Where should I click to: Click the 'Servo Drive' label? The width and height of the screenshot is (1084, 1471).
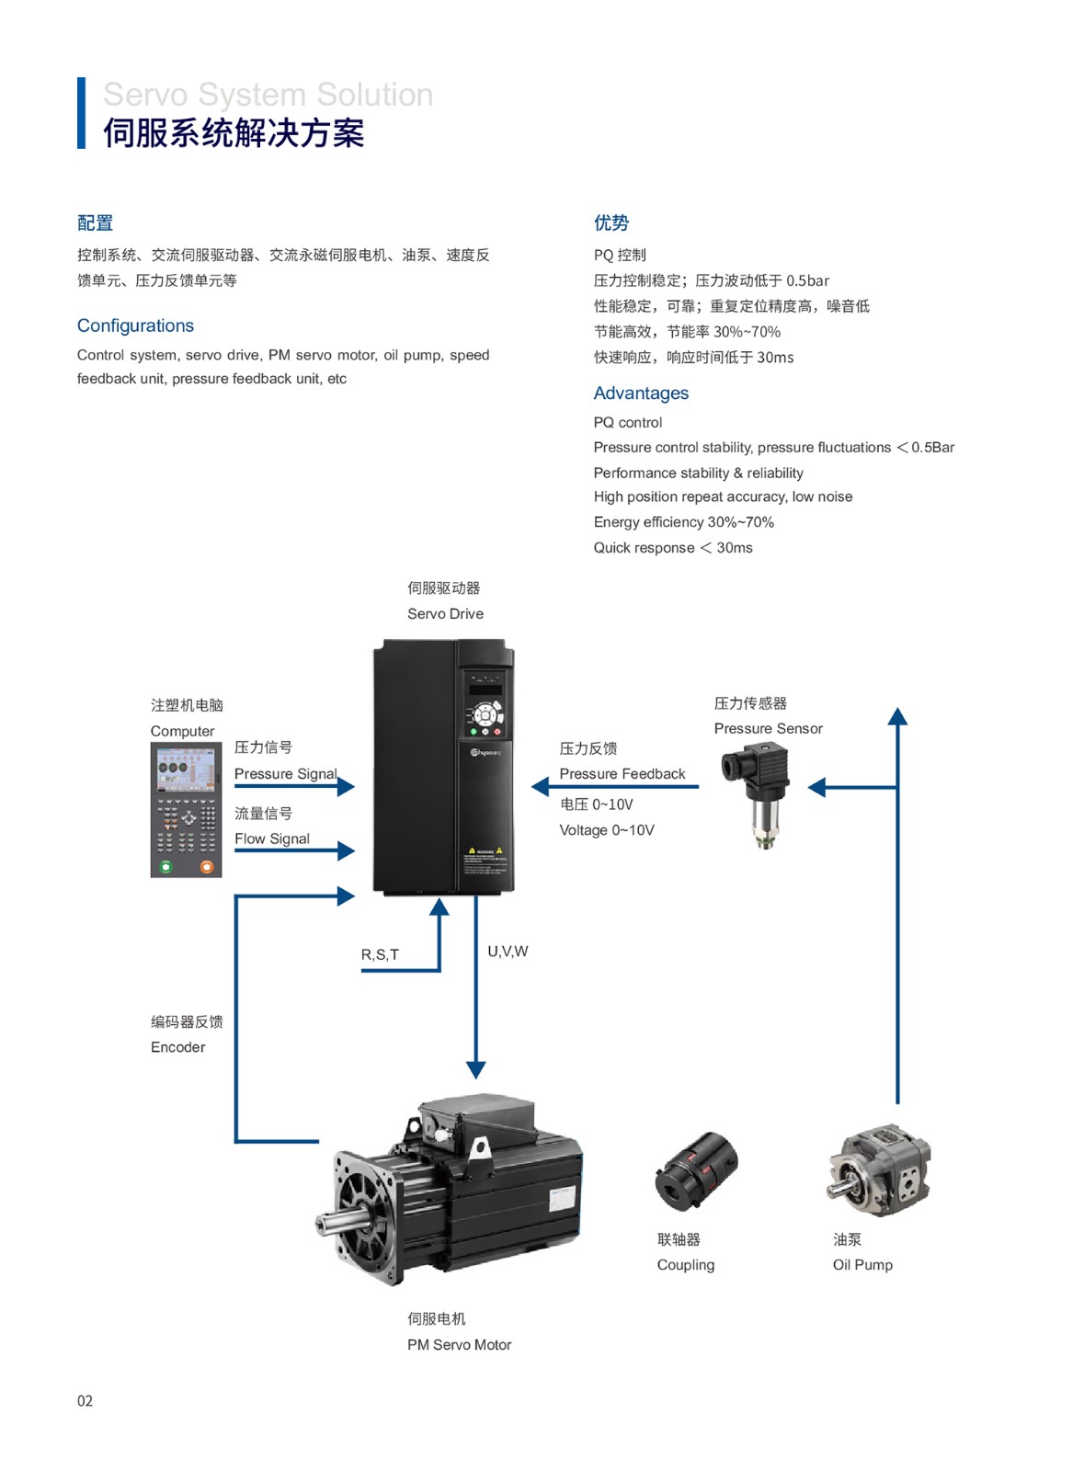[x=445, y=613]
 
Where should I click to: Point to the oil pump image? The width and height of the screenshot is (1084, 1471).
[x=879, y=1169]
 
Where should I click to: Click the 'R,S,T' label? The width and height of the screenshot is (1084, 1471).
[x=380, y=954]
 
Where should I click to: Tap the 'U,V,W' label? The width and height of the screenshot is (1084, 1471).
[x=508, y=951]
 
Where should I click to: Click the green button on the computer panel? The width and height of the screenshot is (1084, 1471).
[x=165, y=866]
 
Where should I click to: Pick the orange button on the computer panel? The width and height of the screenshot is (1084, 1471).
[x=206, y=866]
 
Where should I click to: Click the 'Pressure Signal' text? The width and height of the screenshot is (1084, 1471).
[x=285, y=773]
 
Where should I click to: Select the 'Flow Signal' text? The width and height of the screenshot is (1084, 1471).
[x=271, y=838]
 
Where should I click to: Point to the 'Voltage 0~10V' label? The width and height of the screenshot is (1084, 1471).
[x=607, y=829]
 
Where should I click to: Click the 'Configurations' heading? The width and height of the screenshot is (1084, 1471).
[x=135, y=325]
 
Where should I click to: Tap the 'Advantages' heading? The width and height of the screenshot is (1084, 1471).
[x=641, y=393]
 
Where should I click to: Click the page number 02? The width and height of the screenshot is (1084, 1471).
[x=85, y=1400]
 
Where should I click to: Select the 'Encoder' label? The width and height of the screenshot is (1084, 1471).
[x=177, y=1046]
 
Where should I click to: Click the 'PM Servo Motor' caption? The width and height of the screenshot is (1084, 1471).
[x=459, y=1344]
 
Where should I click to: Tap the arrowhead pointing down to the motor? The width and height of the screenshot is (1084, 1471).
[x=475, y=1069]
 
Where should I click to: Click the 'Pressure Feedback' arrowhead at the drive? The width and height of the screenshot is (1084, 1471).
[x=540, y=786]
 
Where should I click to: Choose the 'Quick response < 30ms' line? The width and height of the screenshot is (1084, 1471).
[x=672, y=547]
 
